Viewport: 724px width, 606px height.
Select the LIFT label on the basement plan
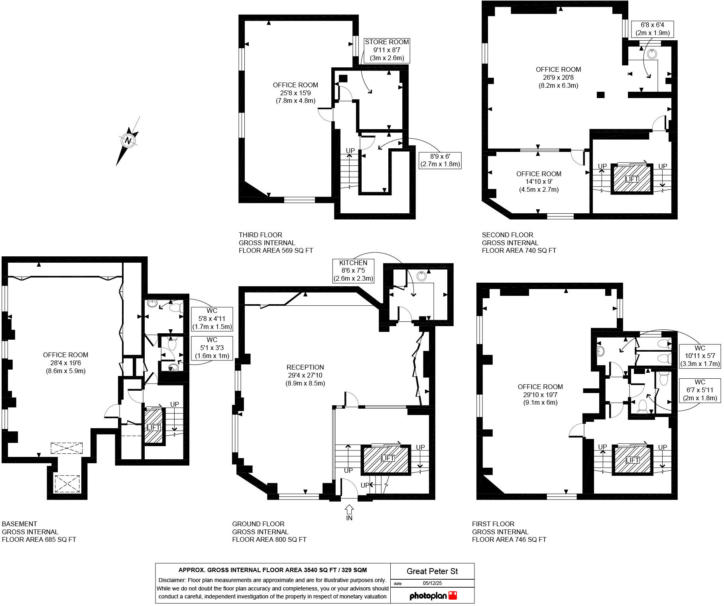coord(153,427)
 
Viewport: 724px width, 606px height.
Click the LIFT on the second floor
coord(632,179)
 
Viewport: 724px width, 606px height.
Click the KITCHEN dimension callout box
coord(353,271)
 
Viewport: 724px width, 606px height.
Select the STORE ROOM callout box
coord(387,50)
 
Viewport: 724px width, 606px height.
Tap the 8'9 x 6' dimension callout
coord(440,160)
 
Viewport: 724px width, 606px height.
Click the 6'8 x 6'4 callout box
coord(652,29)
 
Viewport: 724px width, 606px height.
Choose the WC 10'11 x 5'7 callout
coord(700,356)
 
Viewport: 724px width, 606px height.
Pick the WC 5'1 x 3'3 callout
coord(212,348)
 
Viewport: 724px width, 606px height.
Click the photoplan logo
coord(433,596)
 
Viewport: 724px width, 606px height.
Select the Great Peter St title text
coord(432,571)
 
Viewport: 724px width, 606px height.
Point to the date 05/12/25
coord(432,583)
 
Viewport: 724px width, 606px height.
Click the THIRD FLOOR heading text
coord(260,235)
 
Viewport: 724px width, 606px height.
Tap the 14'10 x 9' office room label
coord(539,181)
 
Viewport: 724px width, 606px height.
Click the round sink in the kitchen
coord(421,275)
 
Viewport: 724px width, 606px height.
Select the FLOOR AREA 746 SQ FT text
coord(509,539)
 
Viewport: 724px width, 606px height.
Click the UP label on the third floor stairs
coord(350,151)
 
